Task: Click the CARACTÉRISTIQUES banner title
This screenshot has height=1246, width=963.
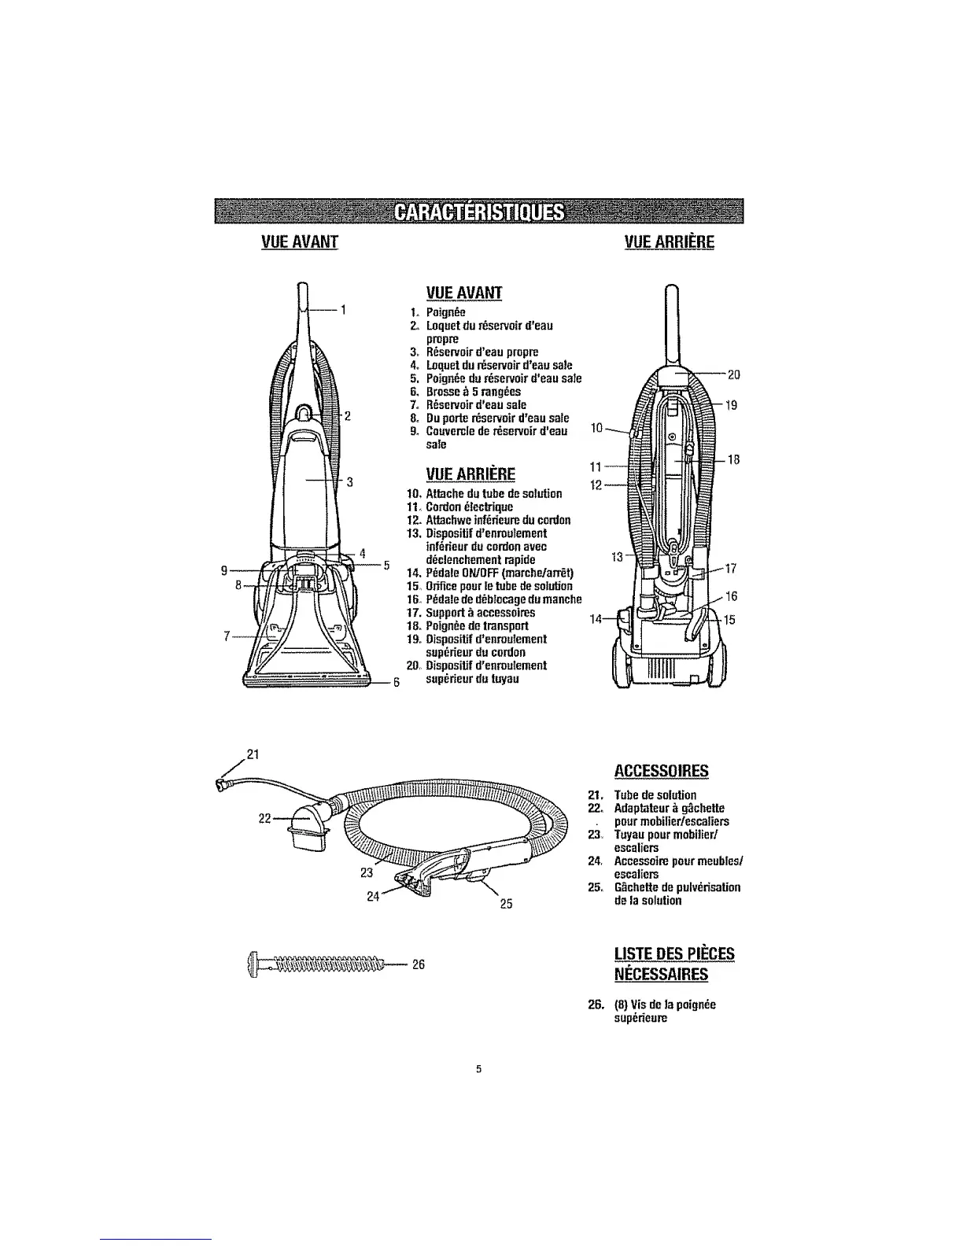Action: [x=480, y=212]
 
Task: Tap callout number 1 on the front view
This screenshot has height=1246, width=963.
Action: [x=344, y=308]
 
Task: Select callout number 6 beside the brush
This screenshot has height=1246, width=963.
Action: [x=397, y=681]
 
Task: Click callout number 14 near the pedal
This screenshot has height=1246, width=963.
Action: [x=596, y=619]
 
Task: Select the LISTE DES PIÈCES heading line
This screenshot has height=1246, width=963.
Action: [x=673, y=954]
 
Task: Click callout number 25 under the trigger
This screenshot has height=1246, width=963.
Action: [x=507, y=903]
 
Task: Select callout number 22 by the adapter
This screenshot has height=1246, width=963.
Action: [x=266, y=819]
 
